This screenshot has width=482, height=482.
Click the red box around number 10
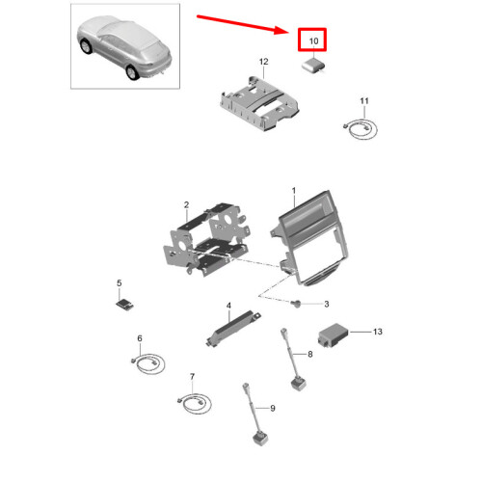click(x=312, y=40)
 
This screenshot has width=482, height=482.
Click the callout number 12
click(x=262, y=63)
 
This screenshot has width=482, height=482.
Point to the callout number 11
click(x=364, y=101)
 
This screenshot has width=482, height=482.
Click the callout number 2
click(x=185, y=204)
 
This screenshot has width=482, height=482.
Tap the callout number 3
click(x=325, y=303)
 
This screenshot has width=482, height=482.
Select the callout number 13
click(x=378, y=331)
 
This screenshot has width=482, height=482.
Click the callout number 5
click(x=120, y=282)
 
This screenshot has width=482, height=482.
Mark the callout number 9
click(x=271, y=408)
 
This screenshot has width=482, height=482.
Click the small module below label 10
click(x=313, y=66)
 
